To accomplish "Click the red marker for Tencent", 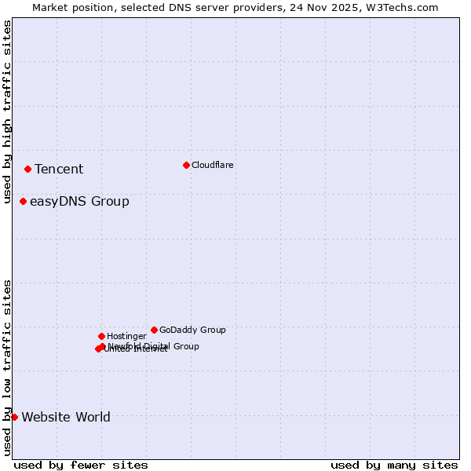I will click(27, 169).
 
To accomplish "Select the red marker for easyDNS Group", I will click(23, 202).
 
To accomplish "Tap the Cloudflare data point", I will click(186, 165).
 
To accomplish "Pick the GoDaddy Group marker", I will click(154, 330).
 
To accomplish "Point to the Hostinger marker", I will click(101, 336).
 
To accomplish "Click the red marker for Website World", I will click(14, 417).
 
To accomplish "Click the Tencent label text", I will click(59, 170).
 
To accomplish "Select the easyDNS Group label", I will click(79, 202).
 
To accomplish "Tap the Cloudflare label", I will click(213, 165).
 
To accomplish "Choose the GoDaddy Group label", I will click(192, 330).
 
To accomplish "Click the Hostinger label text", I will click(126, 336).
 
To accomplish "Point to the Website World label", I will click(66, 418).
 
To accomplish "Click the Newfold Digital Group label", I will click(154, 345).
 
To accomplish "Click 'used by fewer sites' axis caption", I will click(81, 465).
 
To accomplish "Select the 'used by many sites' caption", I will click(394, 465).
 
